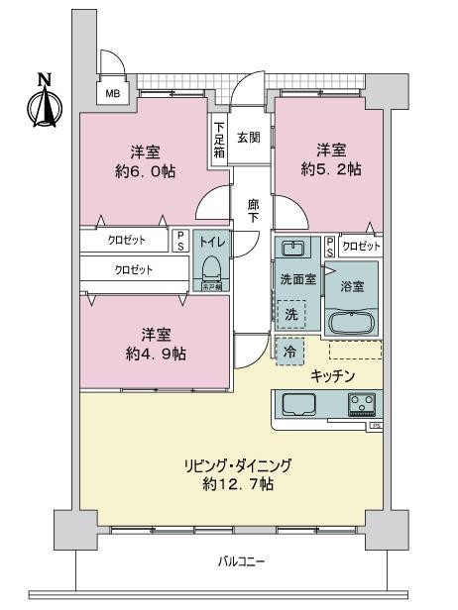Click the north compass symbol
pyautogui.click(x=43, y=101)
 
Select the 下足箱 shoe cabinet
pyautogui.click(x=219, y=141)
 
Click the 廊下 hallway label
pyautogui.click(x=253, y=210)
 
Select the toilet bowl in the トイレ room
pyautogui.click(x=211, y=268)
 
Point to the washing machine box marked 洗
pyautogui.click(x=291, y=315)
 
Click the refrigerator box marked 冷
pyautogui.click(x=289, y=350)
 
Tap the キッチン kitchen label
pyautogui.click(x=334, y=375)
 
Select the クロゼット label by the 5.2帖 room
pyautogui.click(x=360, y=246)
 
